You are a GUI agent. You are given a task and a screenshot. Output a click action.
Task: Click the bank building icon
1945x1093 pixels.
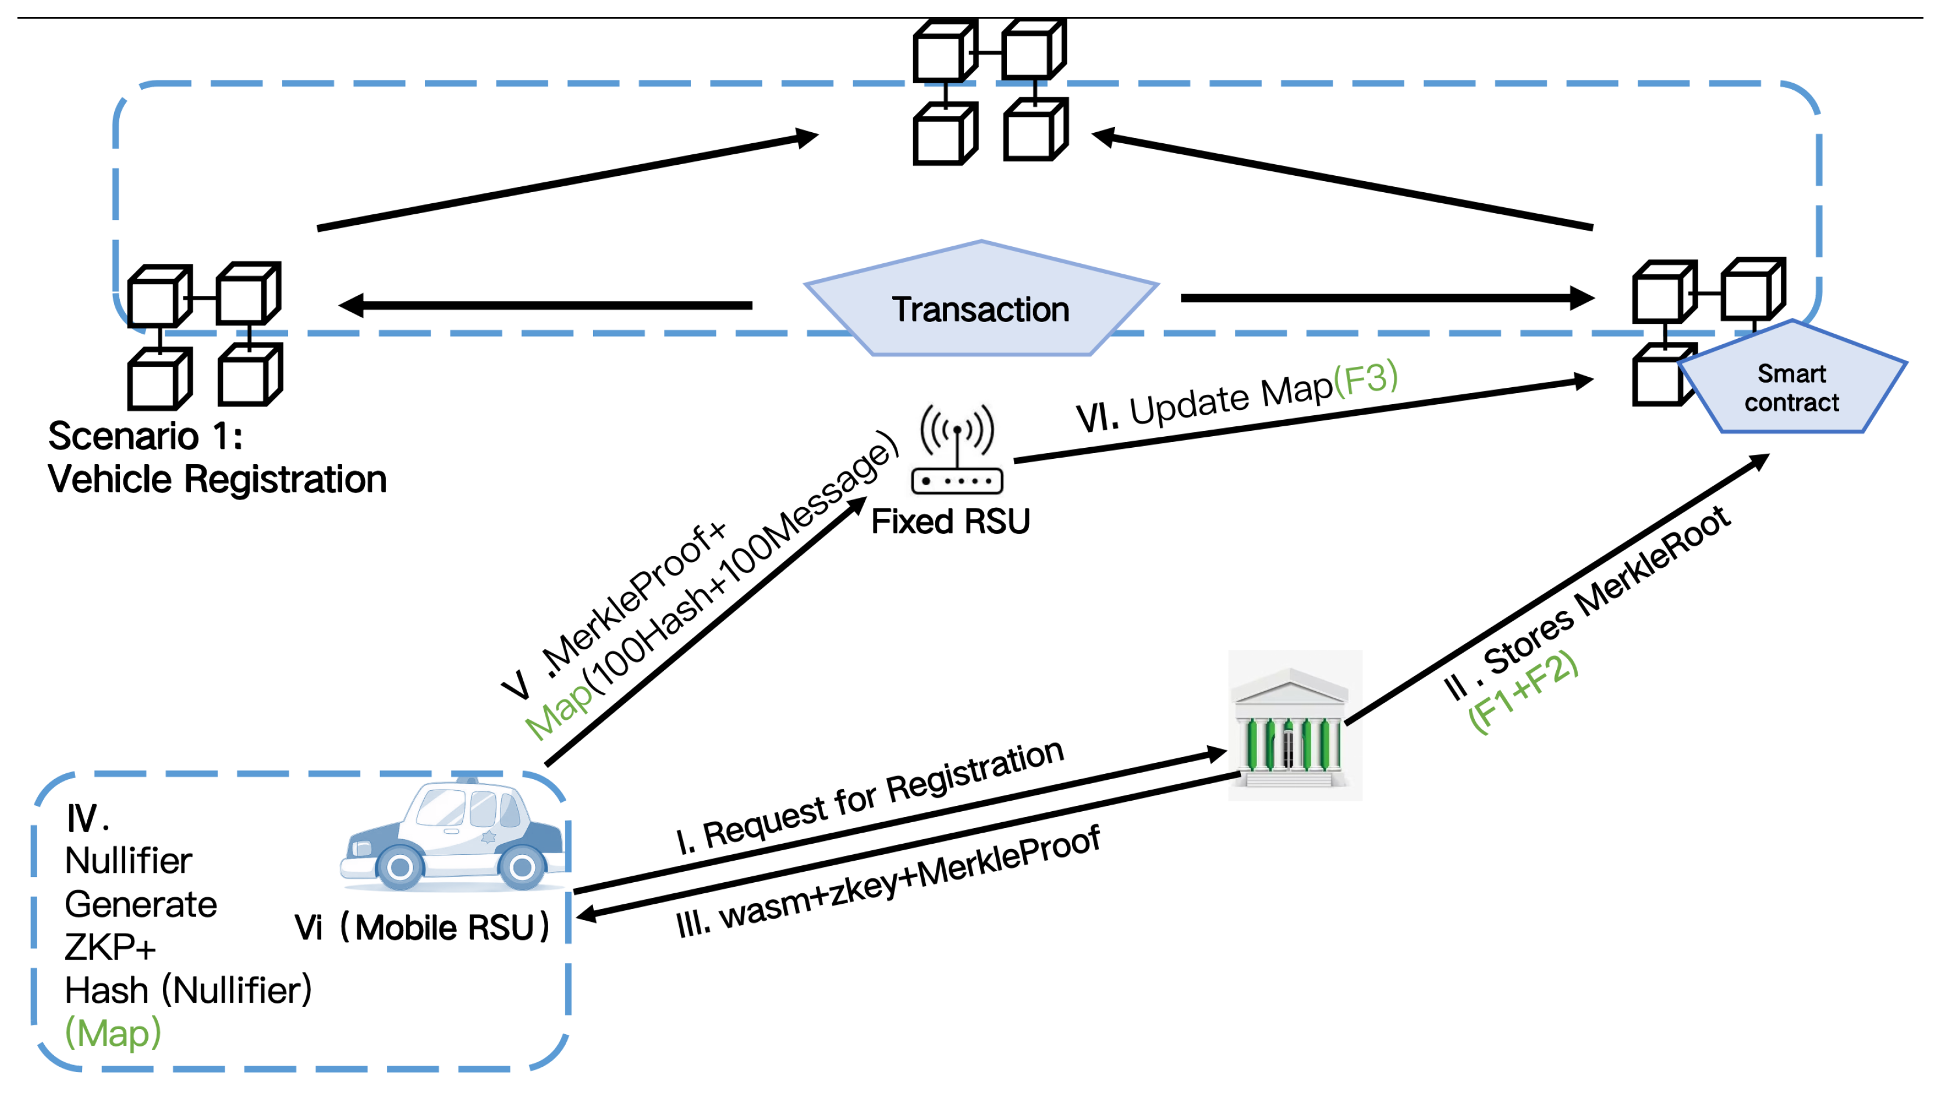(1293, 727)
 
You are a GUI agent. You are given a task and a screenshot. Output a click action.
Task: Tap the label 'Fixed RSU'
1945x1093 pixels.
(950, 522)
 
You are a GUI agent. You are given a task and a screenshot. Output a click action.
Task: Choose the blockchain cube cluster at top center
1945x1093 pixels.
(989, 91)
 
